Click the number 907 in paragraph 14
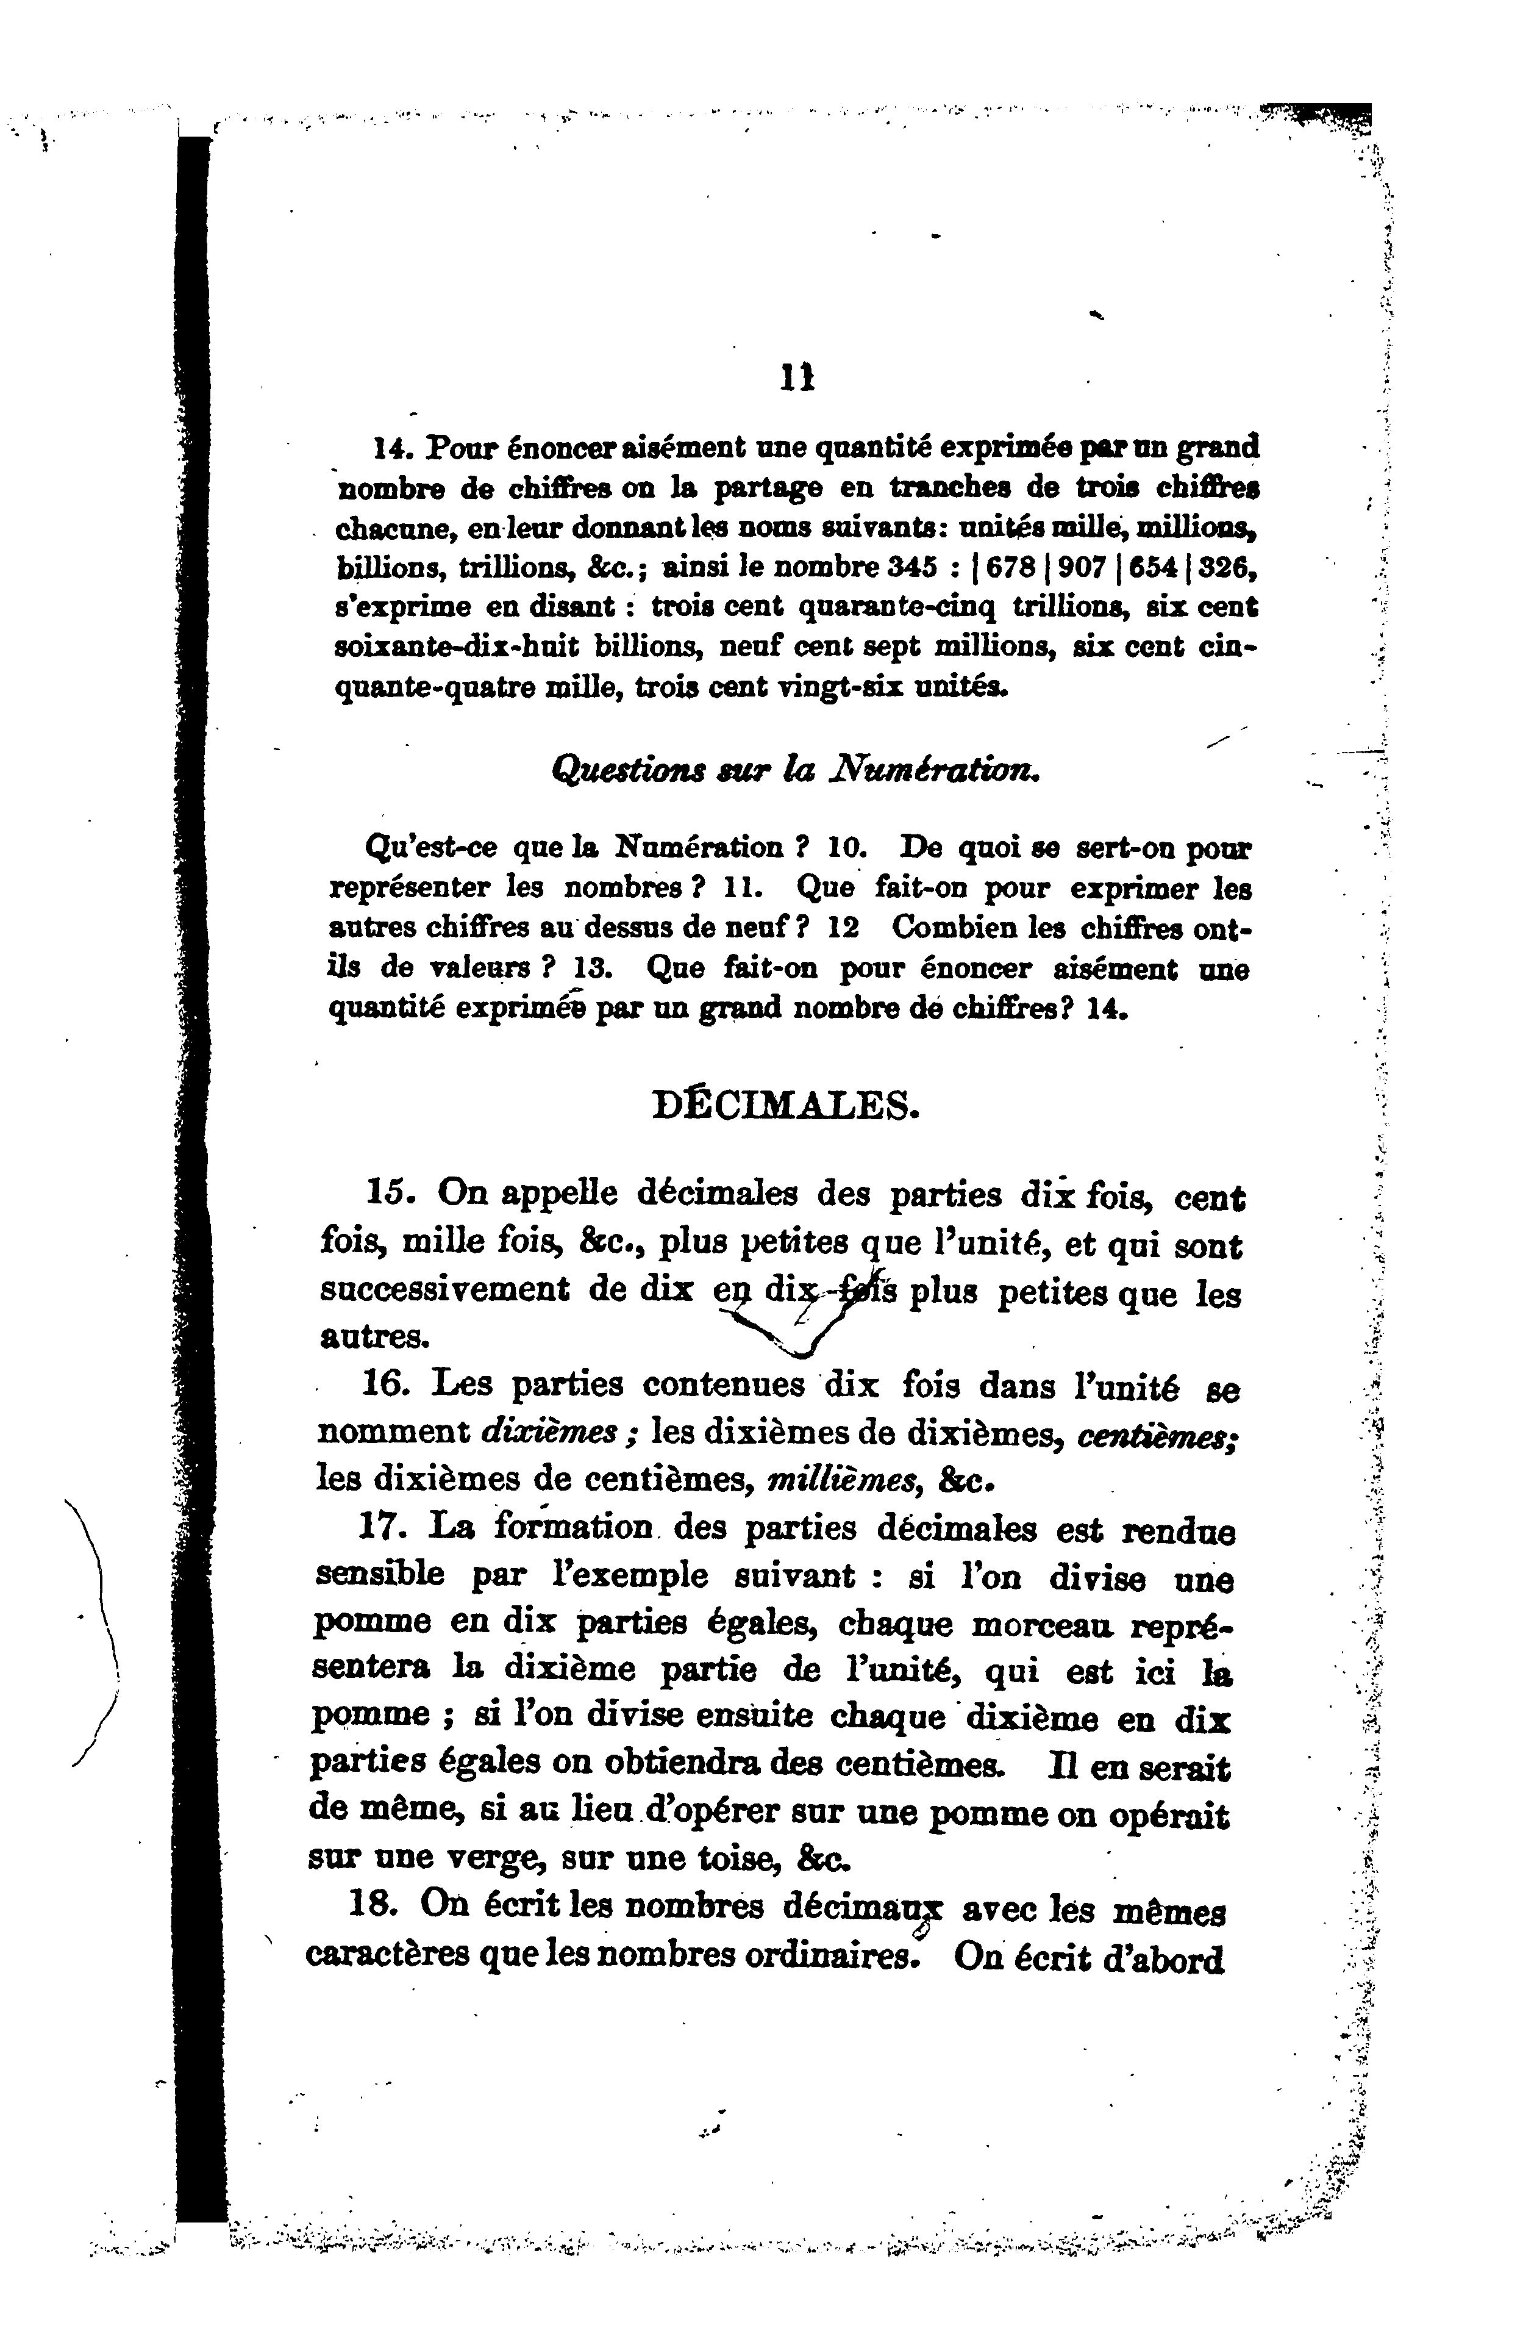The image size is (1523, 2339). [x=1077, y=568]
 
